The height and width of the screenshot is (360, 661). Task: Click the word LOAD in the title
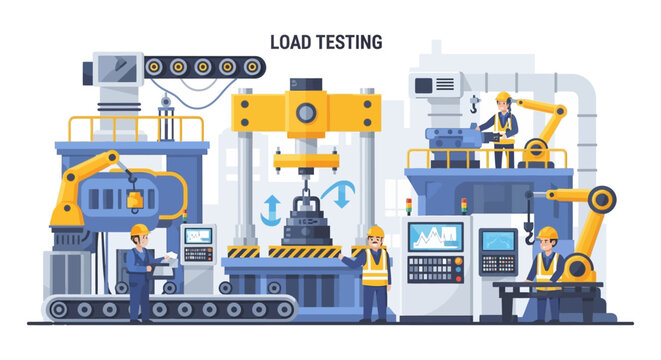click(x=291, y=41)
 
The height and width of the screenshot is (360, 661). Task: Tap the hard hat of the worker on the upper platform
click(x=502, y=97)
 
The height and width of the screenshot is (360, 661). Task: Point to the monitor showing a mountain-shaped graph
click(x=435, y=238)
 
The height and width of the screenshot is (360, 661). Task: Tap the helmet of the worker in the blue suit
click(x=138, y=230)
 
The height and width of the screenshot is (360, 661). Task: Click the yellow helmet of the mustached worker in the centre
click(x=375, y=231)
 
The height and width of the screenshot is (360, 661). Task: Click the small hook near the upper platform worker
click(x=474, y=103)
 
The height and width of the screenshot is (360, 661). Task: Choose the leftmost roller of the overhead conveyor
click(x=157, y=67)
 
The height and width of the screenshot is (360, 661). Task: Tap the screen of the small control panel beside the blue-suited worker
click(x=198, y=236)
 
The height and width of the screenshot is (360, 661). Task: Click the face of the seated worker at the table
click(x=547, y=241)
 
